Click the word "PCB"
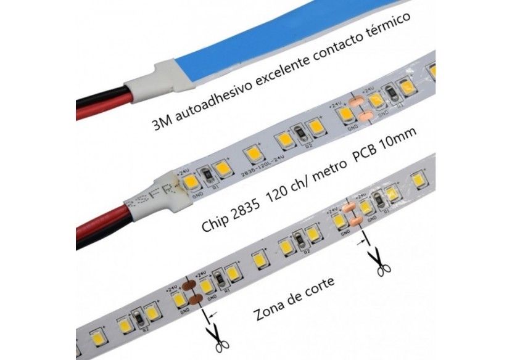point(365,155)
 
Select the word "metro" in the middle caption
point(326,172)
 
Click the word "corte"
point(319,288)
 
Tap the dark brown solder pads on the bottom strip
point(192,293)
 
